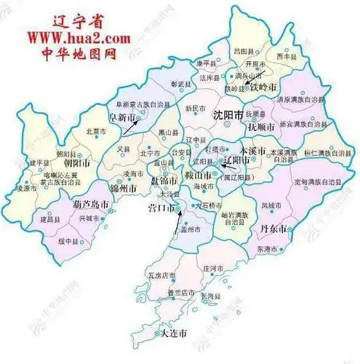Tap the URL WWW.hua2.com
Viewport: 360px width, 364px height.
pyautogui.click(x=71, y=36)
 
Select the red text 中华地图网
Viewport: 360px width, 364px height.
pyautogui.click(x=71, y=52)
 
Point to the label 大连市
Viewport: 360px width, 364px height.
pyautogui.click(x=173, y=333)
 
